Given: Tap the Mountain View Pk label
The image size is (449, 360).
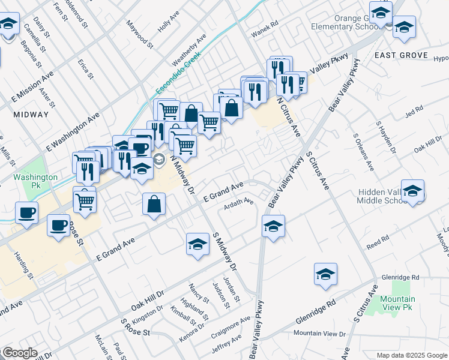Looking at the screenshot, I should tap(397, 304).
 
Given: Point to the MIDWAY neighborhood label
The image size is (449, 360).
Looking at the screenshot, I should tap(31, 114).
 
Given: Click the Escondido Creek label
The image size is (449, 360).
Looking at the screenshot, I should tap(177, 76).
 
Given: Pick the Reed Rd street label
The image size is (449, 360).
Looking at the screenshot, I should tap(378, 242).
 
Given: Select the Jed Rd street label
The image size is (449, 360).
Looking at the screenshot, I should tap(414, 110).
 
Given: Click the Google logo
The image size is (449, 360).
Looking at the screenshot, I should tap(20, 353).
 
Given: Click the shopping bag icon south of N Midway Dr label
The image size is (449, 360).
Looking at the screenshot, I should tap(155, 204).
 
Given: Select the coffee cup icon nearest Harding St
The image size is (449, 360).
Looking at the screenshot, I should tap(58, 226).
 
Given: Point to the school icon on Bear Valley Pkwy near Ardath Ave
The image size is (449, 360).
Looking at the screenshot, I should tap(273, 227).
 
